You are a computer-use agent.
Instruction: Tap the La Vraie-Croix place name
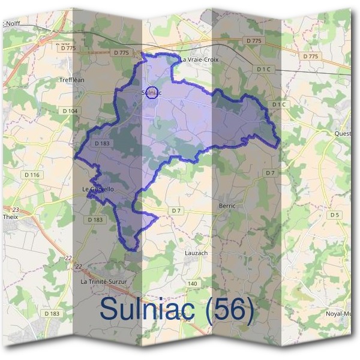pyautogui.click(x=199, y=60)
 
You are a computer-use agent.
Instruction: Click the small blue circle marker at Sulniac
pyautogui.click(x=152, y=93)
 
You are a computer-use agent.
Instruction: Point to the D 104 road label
pyautogui.click(x=70, y=111)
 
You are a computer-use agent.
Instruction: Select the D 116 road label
pyautogui.click(x=31, y=175)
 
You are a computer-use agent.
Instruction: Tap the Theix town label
pyautogui.click(x=11, y=217)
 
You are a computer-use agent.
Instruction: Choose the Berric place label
pyautogui.click(x=227, y=205)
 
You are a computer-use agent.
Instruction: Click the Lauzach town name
pyautogui.click(x=196, y=253)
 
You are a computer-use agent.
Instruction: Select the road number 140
pyautogui.click(x=192, y=283)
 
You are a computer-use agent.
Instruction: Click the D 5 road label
pyautogui.click(x=334, y=215)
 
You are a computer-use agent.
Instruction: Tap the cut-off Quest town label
pyautogui.click(x=343, y=133)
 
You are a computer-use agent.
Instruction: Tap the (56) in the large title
pyautogui.click(x=229, y=309)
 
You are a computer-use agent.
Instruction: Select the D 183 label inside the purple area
pyautogui.click(x=101, y=143)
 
